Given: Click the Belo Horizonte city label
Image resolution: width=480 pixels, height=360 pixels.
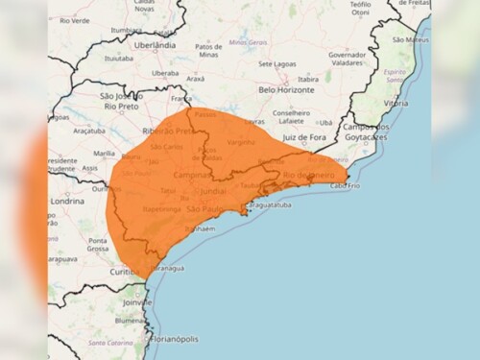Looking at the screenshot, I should click(x=286, y=89).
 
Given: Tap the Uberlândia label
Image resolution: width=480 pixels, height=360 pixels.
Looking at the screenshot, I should click(x=155, y=44).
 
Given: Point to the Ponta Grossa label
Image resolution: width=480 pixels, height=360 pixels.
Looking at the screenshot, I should click(x=97, y=245).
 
